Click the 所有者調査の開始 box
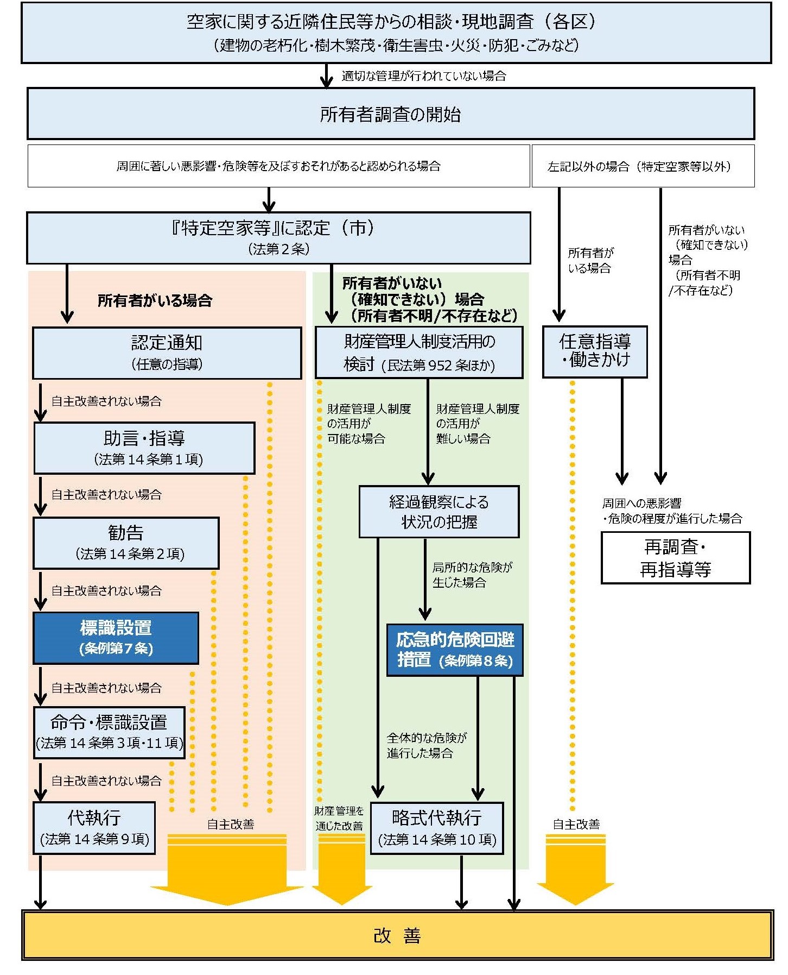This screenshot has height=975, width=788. click(391, 114)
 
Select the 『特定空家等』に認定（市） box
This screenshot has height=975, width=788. click(278, 237)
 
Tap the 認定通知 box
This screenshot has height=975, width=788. click(167, 353)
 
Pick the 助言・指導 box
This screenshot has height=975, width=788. click(144, 448)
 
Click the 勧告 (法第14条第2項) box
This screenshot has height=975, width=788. click(126, 543)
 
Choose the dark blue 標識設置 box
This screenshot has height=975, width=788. click(116, 638)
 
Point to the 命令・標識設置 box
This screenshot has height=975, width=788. click(109, 732)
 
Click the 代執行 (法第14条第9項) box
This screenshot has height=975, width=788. click(94, 827)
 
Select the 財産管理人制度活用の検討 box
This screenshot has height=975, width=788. click(419, 353)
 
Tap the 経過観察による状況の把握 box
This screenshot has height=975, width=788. click(439, 512)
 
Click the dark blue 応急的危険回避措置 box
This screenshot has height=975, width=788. click(455, 650)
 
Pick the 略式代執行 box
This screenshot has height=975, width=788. click(437, 828)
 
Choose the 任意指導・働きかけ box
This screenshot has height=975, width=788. click(595, 351)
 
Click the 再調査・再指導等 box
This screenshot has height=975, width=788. click(676, 558)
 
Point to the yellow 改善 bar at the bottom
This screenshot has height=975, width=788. click(397, 935)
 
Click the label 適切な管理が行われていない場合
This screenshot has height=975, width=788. click(424, 76)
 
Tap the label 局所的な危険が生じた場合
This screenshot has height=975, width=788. click(472, 575)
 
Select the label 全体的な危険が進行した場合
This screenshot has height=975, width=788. click(427, 745)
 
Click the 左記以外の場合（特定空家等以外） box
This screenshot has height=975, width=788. click(643, 166)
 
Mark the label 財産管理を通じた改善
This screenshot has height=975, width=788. click(339, 818)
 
